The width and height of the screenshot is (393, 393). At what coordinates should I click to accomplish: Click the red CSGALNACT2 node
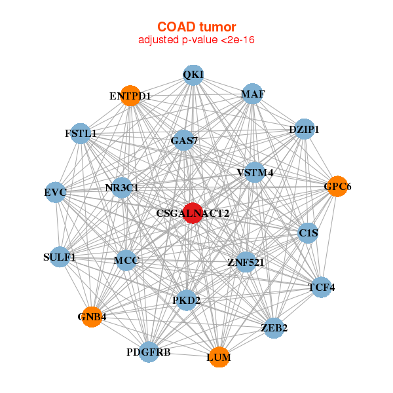coord(192,213)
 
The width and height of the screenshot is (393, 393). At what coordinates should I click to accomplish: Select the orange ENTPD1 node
coord(130,96)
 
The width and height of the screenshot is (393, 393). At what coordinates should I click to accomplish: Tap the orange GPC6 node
coord(337,187)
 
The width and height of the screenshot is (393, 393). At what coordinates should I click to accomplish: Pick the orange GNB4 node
coord(92,316)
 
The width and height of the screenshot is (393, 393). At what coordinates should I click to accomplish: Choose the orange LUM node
coord(219,357)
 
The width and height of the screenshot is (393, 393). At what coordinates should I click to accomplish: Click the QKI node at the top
coord(193,75)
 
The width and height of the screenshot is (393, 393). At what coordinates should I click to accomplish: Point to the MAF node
coord(252,94)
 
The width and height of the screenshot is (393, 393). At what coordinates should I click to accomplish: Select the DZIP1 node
coord(304,129)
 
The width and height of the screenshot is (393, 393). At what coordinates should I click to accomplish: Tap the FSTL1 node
coord(80,133)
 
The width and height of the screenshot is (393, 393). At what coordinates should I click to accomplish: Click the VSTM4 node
coord(255,172)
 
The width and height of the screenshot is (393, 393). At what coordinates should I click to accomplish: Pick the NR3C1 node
coord(122,187)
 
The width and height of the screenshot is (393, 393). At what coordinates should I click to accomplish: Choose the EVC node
coord(56,193)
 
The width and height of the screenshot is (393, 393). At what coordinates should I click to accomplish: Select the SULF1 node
coord(60,257)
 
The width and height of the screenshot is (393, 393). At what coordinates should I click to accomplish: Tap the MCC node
coord(126,261)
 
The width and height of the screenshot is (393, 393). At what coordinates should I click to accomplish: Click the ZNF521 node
coord(246,263)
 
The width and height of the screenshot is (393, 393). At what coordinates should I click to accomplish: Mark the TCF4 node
coord(321,287)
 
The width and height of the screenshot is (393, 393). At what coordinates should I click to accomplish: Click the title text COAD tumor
coord(196,27)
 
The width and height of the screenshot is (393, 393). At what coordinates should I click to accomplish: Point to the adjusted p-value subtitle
coord(196,40)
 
